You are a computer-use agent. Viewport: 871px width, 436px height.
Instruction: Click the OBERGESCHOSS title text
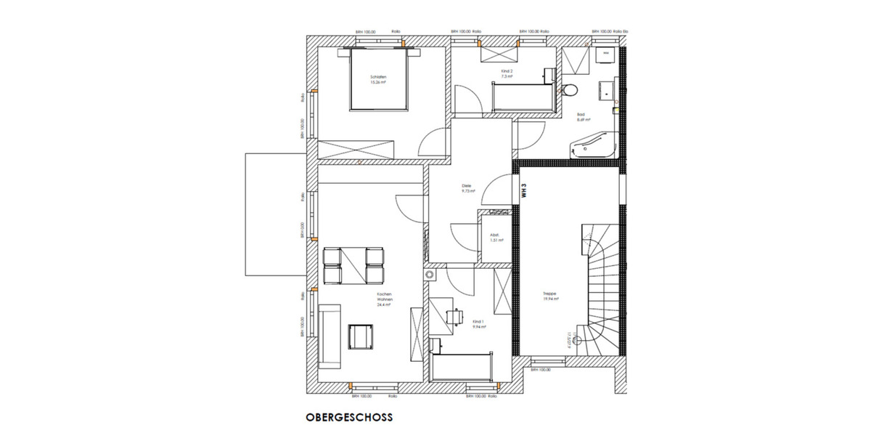coord(348,418)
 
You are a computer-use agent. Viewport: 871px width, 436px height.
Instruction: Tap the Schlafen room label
coord(377,78)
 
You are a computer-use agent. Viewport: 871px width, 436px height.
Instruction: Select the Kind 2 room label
coord(507,73)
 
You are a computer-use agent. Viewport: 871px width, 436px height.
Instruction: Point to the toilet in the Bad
coord(571,90)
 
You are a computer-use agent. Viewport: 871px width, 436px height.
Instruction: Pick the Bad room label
coord(581,116)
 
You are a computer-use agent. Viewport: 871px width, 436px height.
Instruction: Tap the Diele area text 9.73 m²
coord(467,191)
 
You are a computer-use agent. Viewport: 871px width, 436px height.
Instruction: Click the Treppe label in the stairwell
coord(549,295)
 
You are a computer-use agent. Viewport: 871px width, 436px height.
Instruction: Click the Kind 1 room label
coord(478,323)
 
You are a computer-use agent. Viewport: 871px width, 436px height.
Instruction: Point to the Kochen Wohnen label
coord(384,299)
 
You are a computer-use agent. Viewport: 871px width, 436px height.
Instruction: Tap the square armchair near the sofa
coord(361,336)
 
